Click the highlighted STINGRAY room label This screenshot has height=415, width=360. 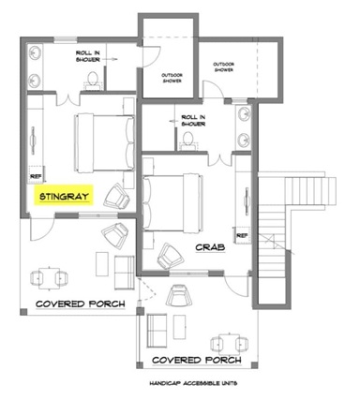64,196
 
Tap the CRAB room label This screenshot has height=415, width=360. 210,247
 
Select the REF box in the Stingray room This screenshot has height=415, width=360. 37,175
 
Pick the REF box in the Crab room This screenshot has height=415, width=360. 243,235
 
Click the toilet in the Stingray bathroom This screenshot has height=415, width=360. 93,80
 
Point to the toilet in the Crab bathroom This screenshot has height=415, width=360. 187,140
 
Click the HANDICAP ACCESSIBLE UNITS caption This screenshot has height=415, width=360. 193,383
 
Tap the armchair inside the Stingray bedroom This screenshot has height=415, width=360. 116,197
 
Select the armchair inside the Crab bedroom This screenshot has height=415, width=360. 170,256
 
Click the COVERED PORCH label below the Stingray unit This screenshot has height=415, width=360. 81,304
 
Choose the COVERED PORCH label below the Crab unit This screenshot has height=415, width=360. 197,360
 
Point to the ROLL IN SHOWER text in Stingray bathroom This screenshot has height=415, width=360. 88,56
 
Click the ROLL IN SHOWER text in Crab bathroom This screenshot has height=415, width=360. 193,121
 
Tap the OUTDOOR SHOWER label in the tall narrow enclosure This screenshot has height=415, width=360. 172,78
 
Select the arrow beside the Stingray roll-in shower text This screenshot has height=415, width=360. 110,59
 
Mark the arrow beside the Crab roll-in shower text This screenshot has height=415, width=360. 173,121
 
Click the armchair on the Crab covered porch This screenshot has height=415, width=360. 179,295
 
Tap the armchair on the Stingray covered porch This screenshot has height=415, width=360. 115,236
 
